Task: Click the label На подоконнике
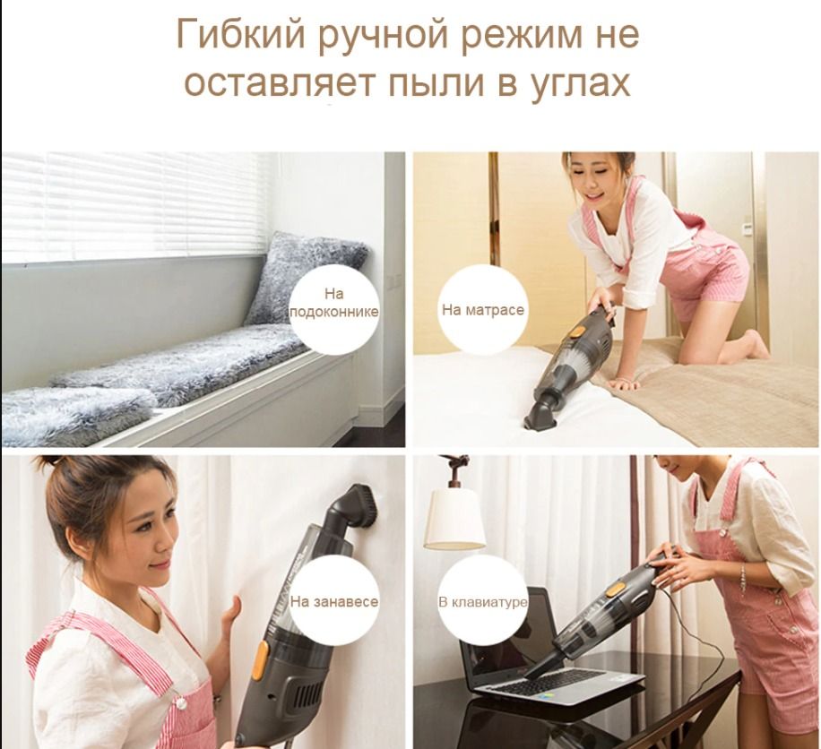[334, 303]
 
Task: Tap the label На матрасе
[483, 310]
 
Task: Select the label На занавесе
[334, 601]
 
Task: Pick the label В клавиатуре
[483, 602]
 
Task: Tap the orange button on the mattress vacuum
[577, 331]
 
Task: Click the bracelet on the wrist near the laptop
[743, 576]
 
